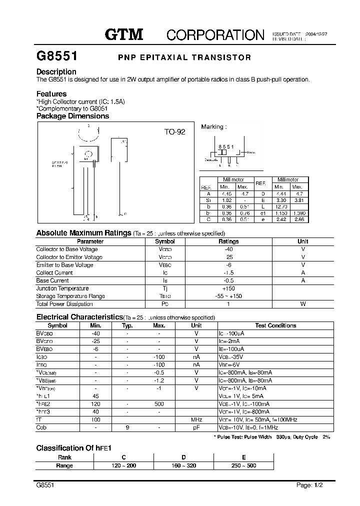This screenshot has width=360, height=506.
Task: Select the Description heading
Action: coord(56,71)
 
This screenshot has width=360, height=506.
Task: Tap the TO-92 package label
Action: coord(174,132)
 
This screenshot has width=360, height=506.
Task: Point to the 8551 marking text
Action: coord(226,146)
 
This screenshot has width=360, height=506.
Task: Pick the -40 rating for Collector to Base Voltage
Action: coord(229,249)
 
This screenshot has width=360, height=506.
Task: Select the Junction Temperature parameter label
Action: coord(62,288)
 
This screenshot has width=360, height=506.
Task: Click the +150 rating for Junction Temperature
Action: coord(229,288)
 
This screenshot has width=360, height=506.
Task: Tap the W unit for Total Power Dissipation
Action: coord(302,304)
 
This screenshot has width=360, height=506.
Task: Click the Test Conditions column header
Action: coord(275,325)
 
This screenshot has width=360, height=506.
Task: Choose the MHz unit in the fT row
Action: coord(196,420)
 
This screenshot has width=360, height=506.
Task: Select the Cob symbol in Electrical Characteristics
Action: coord(41,427)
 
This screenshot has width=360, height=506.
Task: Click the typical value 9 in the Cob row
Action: coord(127,427)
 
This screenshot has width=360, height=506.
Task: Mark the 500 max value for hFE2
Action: coord(159,404)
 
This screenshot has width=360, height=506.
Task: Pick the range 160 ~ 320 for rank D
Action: coord(183,465)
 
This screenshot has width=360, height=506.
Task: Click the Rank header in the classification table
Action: coord(64,457)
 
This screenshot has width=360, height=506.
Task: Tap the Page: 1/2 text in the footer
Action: coord(310,485)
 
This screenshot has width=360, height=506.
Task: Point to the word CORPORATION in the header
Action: coord(215,34)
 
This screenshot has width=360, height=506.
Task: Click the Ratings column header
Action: coord(229,241)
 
